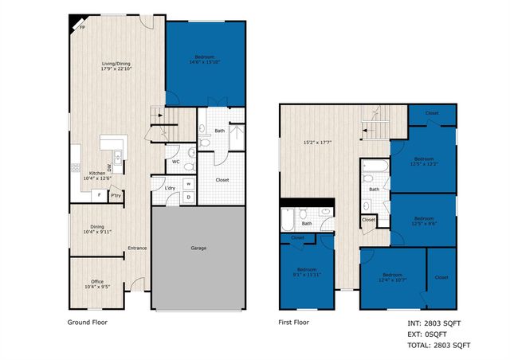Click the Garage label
[198, 248]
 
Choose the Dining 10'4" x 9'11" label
[98, 228]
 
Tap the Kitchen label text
[97, 173]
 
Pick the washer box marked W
[189, 184]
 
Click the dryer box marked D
[189, 197]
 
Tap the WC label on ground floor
[176, 162]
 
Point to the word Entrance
[138, 248]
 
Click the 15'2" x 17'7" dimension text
[320, 143]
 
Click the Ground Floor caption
[87, 323]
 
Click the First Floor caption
[294, 323]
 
